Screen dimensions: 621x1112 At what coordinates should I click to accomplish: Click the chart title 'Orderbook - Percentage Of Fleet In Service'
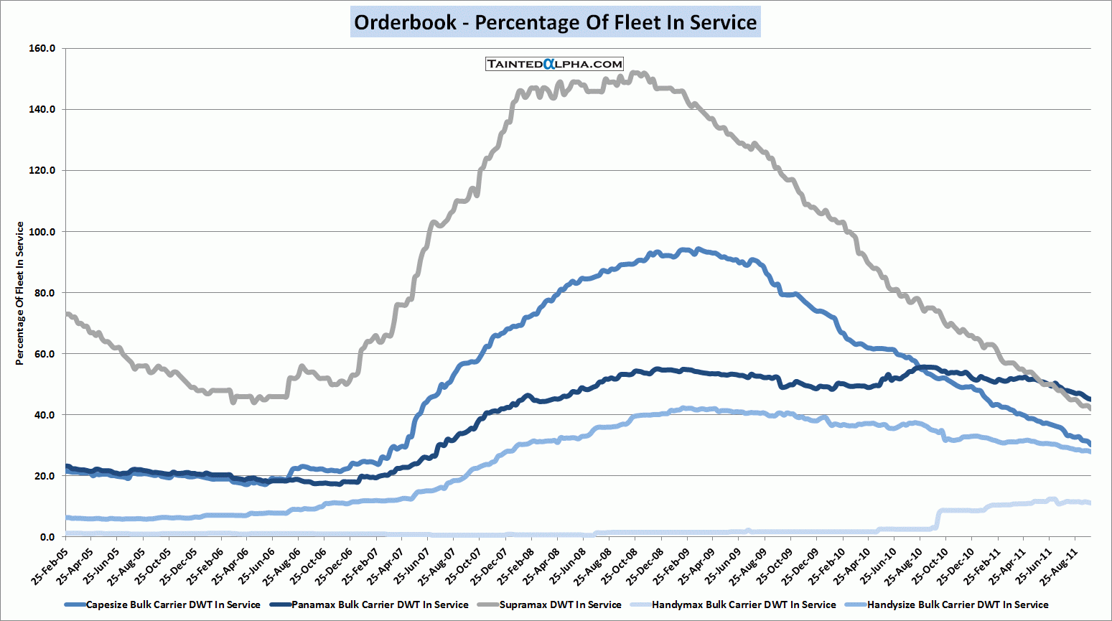click(556, 22)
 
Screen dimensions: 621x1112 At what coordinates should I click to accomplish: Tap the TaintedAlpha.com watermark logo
click(554, 64)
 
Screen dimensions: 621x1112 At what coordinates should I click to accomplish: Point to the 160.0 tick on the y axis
click(42, 48)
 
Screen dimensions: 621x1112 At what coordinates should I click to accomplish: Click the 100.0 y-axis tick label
click(42, 232)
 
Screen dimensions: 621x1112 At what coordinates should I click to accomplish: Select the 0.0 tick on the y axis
click(47, 537)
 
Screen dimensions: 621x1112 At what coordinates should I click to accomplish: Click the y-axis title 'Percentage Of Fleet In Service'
click(20, 293)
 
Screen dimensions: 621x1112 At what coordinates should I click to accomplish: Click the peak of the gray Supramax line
click(635, 73)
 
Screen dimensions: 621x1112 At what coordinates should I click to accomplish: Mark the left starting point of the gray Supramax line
click(66, 314)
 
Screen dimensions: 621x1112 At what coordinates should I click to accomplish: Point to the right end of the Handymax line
click(1090, 503)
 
